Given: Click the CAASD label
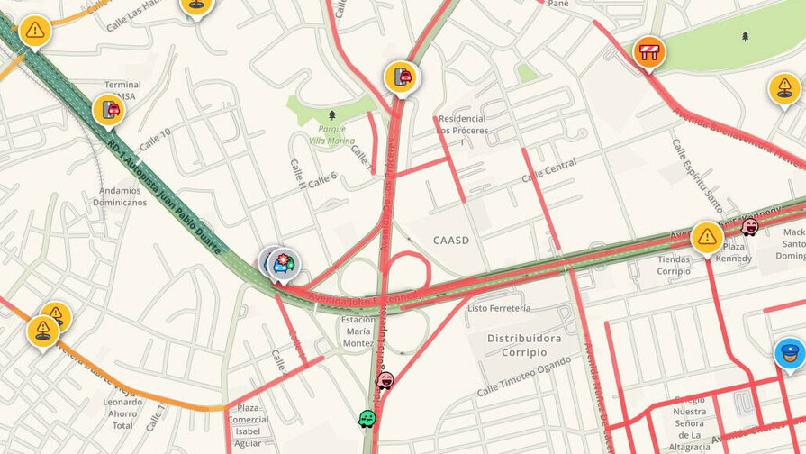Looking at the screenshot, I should point(451,241).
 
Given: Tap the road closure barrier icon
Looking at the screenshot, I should point(648,51).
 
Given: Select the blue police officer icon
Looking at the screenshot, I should point(790,353).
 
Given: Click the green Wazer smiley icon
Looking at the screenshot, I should point(367,419).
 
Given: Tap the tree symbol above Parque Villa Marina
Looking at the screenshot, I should point(332,115).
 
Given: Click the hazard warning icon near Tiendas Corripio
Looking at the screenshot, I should point(707,238).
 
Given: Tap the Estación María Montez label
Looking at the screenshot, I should point(358,331).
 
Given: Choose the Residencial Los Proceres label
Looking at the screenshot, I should point(461,123).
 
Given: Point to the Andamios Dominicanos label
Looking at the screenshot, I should point(120,196).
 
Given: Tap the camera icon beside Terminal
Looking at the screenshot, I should point(109,111).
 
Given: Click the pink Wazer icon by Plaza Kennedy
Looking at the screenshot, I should point(749,227).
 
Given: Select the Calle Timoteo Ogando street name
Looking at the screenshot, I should point(524,377).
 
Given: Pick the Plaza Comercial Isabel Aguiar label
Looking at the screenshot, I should point(248,425).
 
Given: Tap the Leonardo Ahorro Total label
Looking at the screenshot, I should point(122,413).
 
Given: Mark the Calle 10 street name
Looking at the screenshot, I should point(154,135).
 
